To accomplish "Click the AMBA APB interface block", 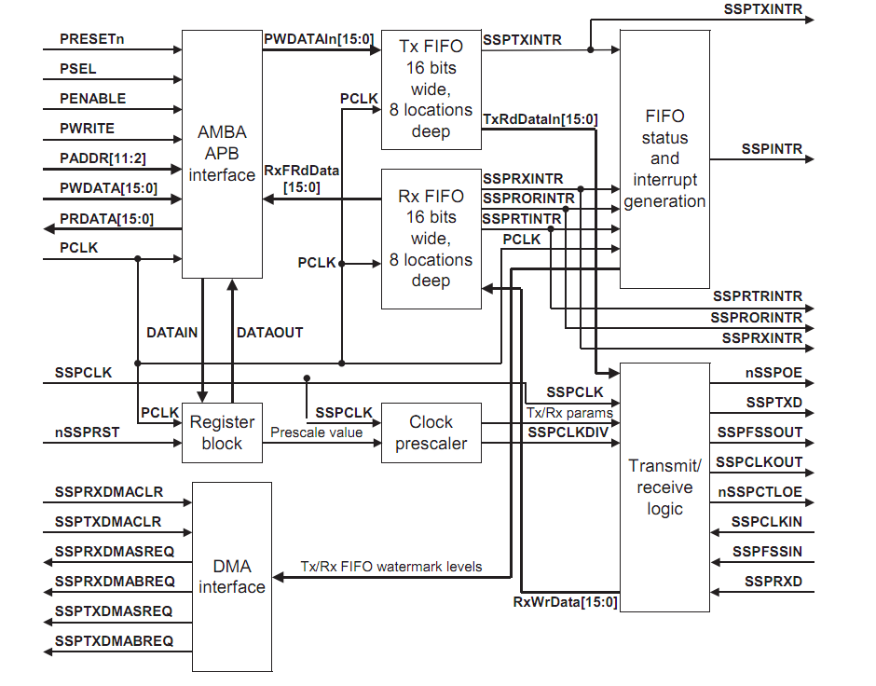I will [222, 154].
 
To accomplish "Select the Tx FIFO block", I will [431, 89].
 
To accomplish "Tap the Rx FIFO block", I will [431, 239].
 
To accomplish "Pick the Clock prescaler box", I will [431, 433].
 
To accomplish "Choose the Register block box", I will [222, 433].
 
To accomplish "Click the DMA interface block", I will [231, 577].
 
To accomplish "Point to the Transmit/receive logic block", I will [664, 487].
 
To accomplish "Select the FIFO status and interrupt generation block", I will [664, 158].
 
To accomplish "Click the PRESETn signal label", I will [91, 39].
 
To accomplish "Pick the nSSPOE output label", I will [773, 374].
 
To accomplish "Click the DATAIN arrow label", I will [172, 333].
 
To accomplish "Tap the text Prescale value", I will [316, 432].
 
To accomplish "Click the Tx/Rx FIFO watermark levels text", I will [390, 567].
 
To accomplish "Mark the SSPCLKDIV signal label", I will [567, 433].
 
